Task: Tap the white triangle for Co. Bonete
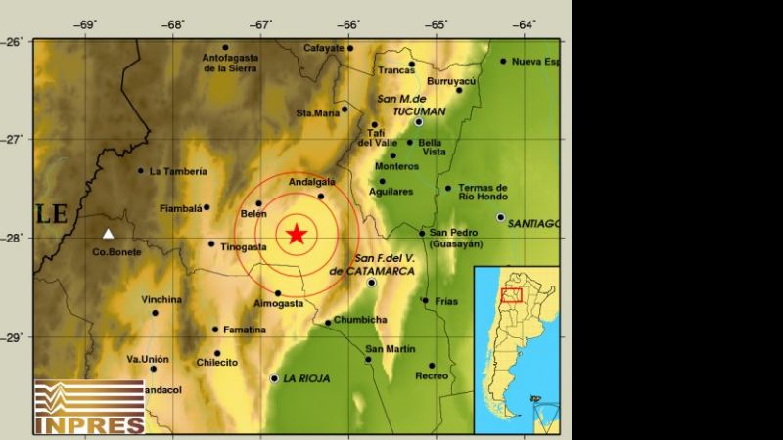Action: [x=109, y=234]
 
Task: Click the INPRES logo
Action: [x=89, y=407]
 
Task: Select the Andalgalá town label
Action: [x=312, y=182]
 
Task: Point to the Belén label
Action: [x=253, y=213]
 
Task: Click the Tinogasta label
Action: [x=244, y=247]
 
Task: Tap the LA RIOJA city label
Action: [x=305, y=378]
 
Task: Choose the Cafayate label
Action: [x=323, y=47]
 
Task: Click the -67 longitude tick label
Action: [x=260, y=24]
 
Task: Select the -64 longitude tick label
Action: [x=525, y=24]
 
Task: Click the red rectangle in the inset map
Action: [x=511, y=294]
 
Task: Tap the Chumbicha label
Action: [x=360, y=320]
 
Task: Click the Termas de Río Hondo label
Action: [x=483, y=192]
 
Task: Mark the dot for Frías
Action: [x=425, y=301]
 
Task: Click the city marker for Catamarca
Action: [x=372, y=283]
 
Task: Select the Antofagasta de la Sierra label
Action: [x=229, y=64]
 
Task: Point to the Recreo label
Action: [x=431, y=376]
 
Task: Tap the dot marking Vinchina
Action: [x=155, y=313]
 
